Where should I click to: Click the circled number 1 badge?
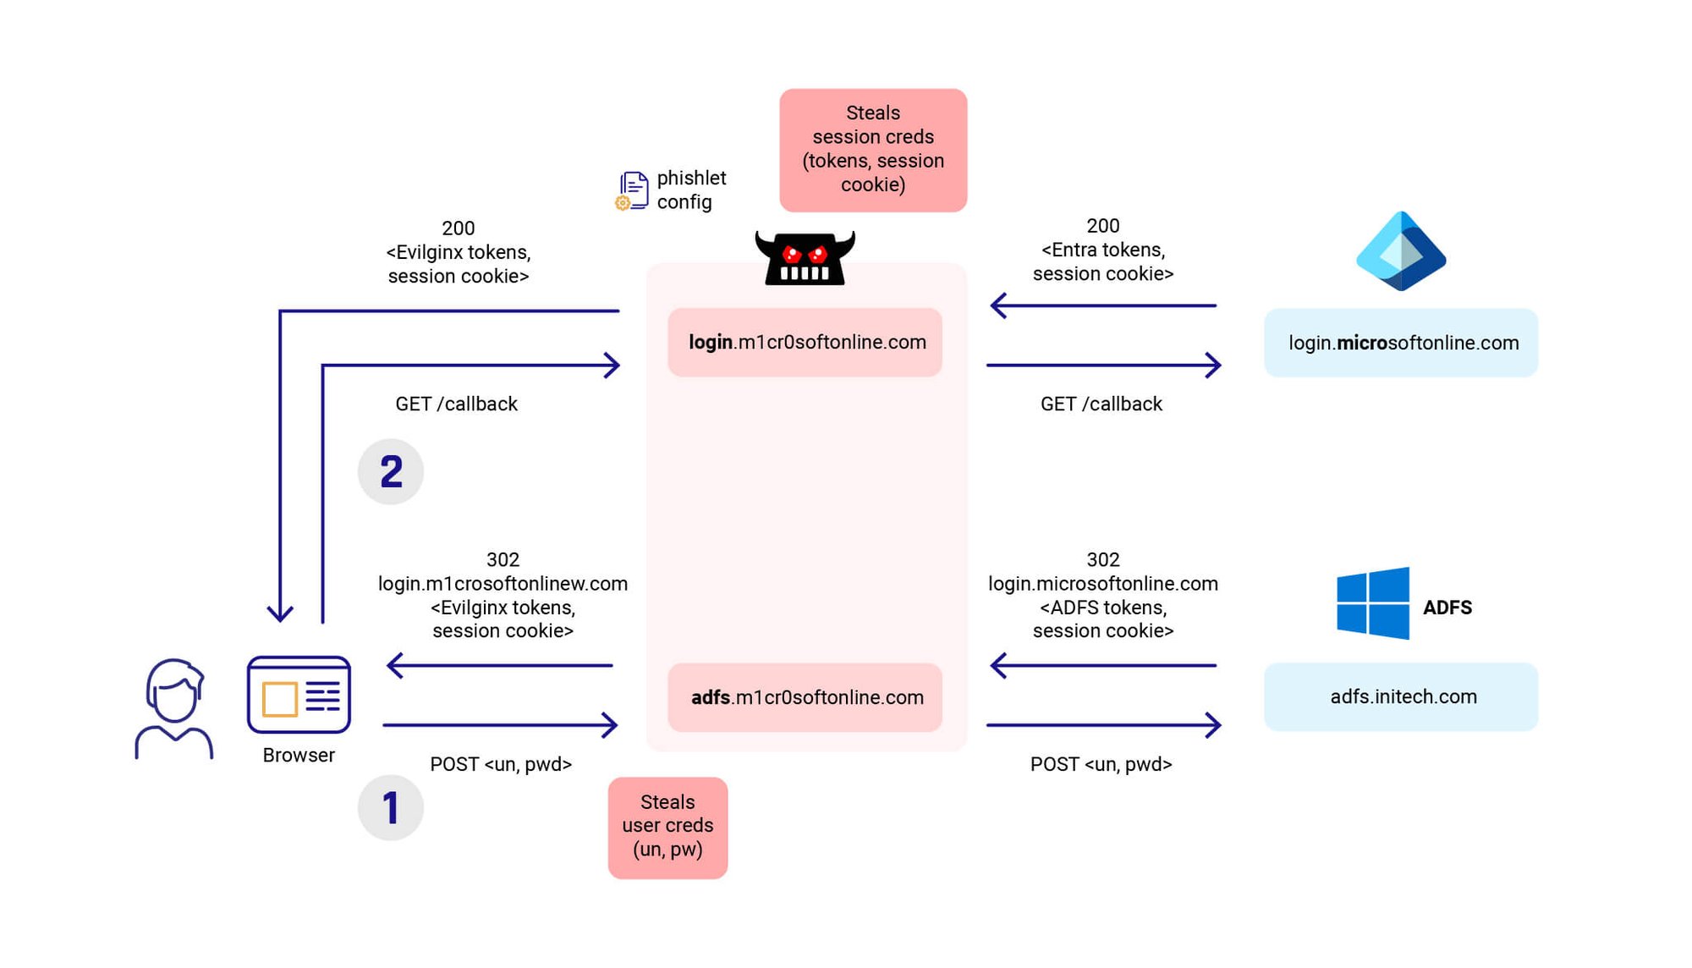coord(390,808)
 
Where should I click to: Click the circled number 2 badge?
coord(390,471)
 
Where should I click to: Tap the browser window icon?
coord(299,695)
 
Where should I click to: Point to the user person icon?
coord(174,709)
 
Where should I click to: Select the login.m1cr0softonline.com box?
coord(805,342)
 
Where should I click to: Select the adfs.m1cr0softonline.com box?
coord(805,697)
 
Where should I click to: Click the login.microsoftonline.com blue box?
coord(1401,343)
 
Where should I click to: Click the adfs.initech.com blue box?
coord(1401,696)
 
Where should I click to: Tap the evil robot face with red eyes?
coord(805,258)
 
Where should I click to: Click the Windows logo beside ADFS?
coord(1372,603)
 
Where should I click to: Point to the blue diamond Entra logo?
coord(1401,251)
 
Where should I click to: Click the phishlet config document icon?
coord(633,190)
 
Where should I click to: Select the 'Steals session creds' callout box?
coord(873,150)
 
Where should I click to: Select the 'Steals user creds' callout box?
coord(667,827)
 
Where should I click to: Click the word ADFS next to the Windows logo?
coord(1447,608)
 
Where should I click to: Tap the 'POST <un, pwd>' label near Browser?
coord(501,764)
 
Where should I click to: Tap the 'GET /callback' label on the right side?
coord(1101,404)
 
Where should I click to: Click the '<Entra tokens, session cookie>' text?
coord(1102,261)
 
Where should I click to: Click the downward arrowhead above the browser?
coord(280,613)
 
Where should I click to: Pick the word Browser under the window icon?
coord(299,755)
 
